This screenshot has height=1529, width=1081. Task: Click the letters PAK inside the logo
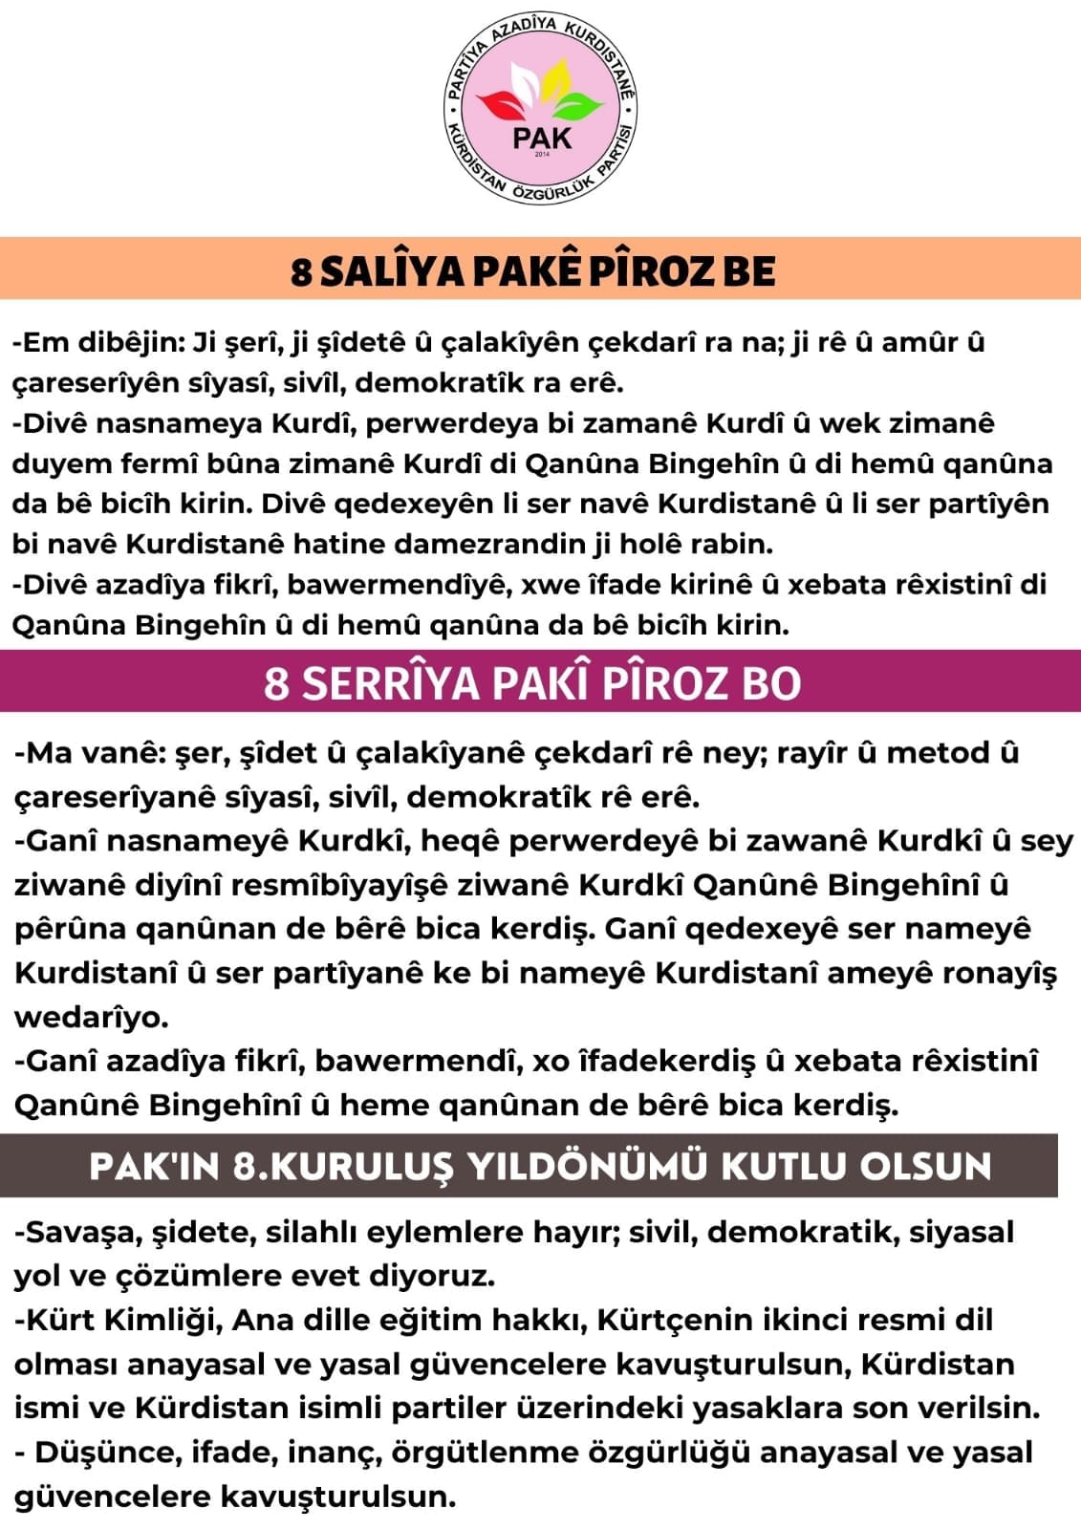click(541, 137)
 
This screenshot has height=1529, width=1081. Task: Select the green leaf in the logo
click(579, 103)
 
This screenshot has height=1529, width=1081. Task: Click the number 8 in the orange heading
click(301, 272)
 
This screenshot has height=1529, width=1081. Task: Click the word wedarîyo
click(91, 1017)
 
